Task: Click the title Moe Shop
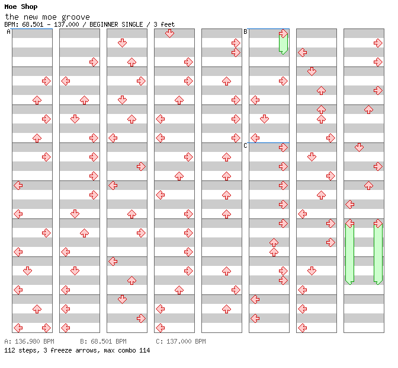pyautogui.click(x=21, y=7)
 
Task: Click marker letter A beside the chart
pyautogui.click(x=8, y=32)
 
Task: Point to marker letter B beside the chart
pyautogui.click(x=245, y=32)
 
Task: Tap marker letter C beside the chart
pyautogui.click(x=245, y=146)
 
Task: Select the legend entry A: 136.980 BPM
pyautogui.click(x=29, y=342)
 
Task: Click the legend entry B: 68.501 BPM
pyautogui.click(x=103, y=342)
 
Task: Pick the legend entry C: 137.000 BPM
pyautogui.click(x=181, y=342)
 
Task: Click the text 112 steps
pyautogui.click(x=19, y=350)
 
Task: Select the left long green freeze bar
pyautogui.click(x=349, y=254)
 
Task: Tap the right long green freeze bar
pyautogui.click(x=378, y=254)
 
